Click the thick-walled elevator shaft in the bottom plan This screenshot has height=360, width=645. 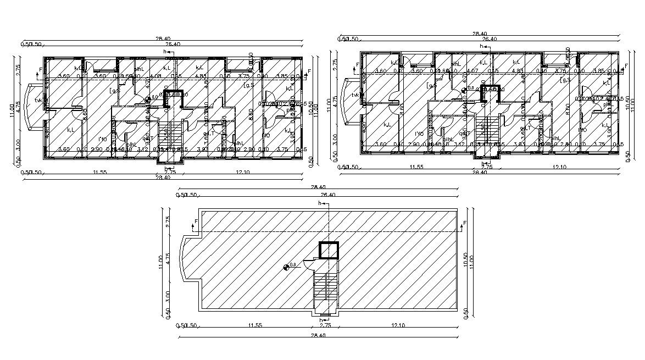click(329, 250)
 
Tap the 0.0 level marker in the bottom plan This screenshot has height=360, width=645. click(286, 268)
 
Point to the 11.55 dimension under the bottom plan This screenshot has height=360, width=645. click(254, 326)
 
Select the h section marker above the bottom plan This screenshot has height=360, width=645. click(322, 204)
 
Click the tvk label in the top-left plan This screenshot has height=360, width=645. click(38, 101)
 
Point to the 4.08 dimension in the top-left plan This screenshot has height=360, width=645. click(155, 76)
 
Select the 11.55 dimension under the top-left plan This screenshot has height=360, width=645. click(99, 173)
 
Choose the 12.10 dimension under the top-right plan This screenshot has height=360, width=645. click(560, 167)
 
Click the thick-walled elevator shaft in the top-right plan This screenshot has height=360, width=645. click(491, 94)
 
